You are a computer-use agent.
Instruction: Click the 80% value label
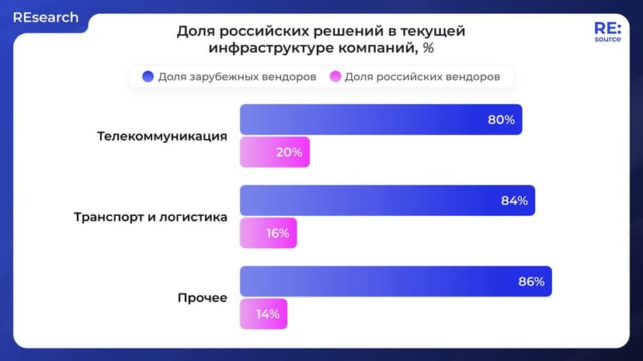pos(501,120)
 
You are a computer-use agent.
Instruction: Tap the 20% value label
pos(289,152)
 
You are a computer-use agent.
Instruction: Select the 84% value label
pos(514,200)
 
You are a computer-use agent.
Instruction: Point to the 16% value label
pos(277,233)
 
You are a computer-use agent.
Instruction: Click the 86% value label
pos(531,281)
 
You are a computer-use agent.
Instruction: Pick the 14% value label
pos(268,314)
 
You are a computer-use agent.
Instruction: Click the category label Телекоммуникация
pos(162,136)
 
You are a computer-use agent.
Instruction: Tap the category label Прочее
pos(202,297)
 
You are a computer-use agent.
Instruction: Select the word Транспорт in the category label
pos(108,217)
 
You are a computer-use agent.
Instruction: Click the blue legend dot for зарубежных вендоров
pos(148,77)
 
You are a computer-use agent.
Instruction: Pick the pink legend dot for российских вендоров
pos(335,77)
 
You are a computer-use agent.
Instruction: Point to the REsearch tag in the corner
pos(45,17)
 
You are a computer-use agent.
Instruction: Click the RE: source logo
pos(607,31)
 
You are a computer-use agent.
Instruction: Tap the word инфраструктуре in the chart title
pos(262,48)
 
